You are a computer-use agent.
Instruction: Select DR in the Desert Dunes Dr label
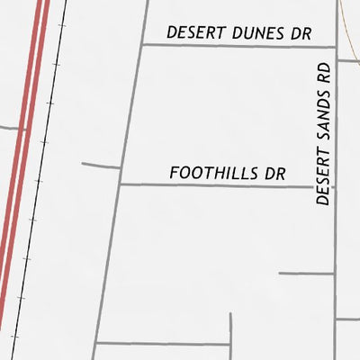(x=300, y=33)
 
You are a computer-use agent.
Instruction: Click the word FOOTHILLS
(x=211, y=173)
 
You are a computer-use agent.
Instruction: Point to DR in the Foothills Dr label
(x=274, y=173)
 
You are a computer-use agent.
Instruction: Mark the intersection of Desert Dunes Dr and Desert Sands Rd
(x=336, y=45)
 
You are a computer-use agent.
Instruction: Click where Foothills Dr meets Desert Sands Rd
(x=336, y=185)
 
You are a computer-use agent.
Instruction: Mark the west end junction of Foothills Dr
(x=120, y=184)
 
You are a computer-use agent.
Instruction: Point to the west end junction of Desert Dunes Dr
(x=142, y=45)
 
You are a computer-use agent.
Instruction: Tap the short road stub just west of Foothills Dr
(x=100, y=165)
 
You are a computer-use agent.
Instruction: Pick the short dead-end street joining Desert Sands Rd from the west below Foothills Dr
(x=306, y=273)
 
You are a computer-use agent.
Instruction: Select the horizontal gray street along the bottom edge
(x=162, y=343)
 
